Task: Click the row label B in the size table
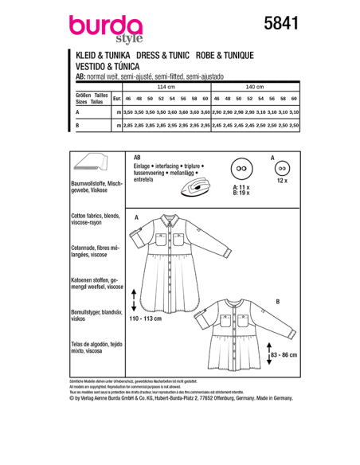(76, 126)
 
